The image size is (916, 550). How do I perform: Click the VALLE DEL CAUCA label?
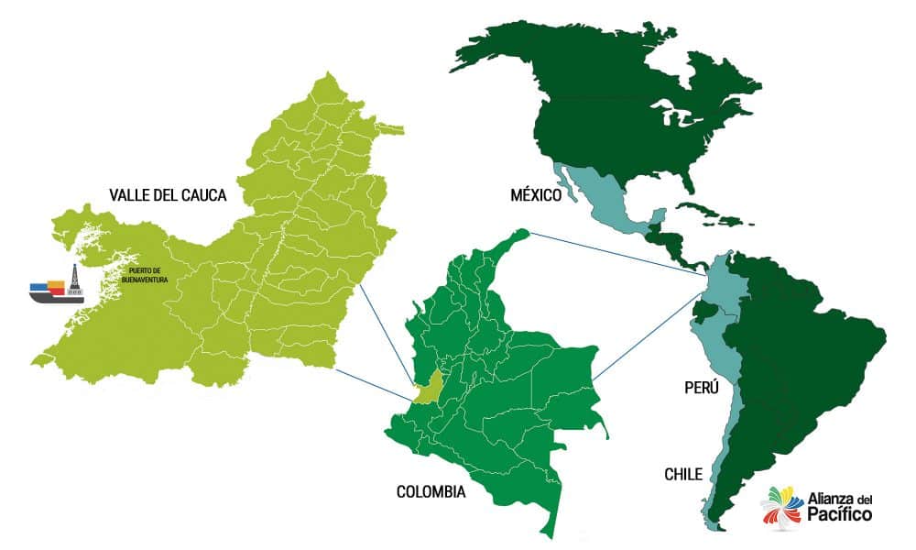point(167,194)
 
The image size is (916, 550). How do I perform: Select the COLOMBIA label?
point(431,492)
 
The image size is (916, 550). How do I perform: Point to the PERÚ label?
point(702,388)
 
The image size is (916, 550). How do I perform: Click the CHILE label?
point(683,474)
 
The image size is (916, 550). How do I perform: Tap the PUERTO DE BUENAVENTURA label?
point(146,274)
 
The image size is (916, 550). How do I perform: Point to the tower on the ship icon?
point(75,280)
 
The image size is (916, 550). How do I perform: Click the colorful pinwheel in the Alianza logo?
point(781,507)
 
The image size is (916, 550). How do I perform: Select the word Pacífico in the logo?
point(839,516)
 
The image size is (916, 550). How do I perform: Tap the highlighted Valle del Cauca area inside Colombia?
point(428,387)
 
